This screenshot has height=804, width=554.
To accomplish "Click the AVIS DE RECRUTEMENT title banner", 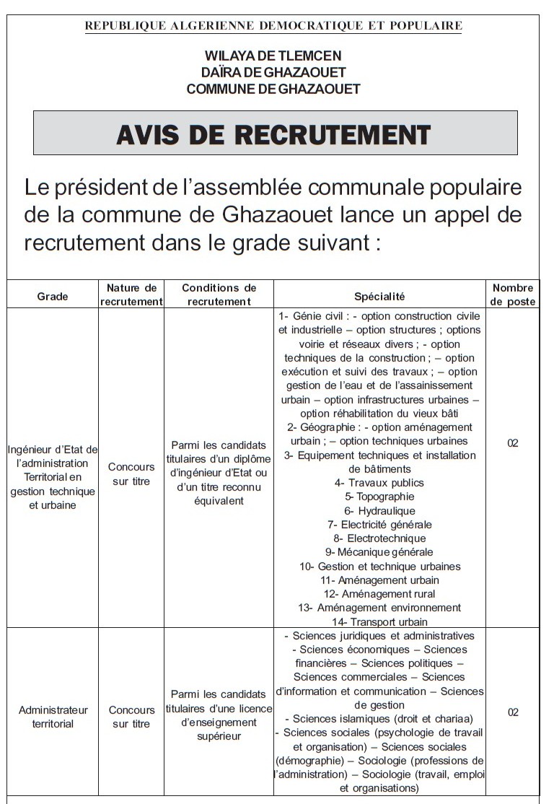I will [274, 134].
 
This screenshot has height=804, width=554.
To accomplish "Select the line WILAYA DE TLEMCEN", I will [273, 56].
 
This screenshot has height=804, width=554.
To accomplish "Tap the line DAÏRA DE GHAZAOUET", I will [273, 72].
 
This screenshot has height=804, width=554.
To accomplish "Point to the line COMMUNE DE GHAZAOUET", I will [273, 89].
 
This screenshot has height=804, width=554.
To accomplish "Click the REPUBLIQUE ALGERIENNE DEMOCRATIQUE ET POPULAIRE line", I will [273, 26].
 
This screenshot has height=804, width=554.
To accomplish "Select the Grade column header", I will [53, 296].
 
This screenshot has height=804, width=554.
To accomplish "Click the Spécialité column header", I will [379, 296].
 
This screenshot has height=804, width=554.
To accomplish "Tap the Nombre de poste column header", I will [513, 294].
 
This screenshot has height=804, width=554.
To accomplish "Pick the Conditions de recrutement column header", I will [219, 294].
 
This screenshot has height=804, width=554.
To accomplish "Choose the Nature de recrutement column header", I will [131, 294].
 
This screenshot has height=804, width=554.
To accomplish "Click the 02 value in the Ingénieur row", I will [513, 442].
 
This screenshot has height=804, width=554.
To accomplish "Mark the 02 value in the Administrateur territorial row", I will [513, 712].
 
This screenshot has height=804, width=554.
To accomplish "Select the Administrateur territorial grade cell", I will [53, 717].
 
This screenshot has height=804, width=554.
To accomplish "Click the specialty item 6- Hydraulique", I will [379, 510].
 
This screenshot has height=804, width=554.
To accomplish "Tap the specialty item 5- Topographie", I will [379, 497].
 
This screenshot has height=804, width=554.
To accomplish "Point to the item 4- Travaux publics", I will [379, 483].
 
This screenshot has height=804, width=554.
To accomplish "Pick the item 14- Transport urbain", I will [379, 621].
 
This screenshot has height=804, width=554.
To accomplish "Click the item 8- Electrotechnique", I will [379, 538].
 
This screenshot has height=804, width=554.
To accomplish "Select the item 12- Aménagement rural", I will [379, 594].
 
